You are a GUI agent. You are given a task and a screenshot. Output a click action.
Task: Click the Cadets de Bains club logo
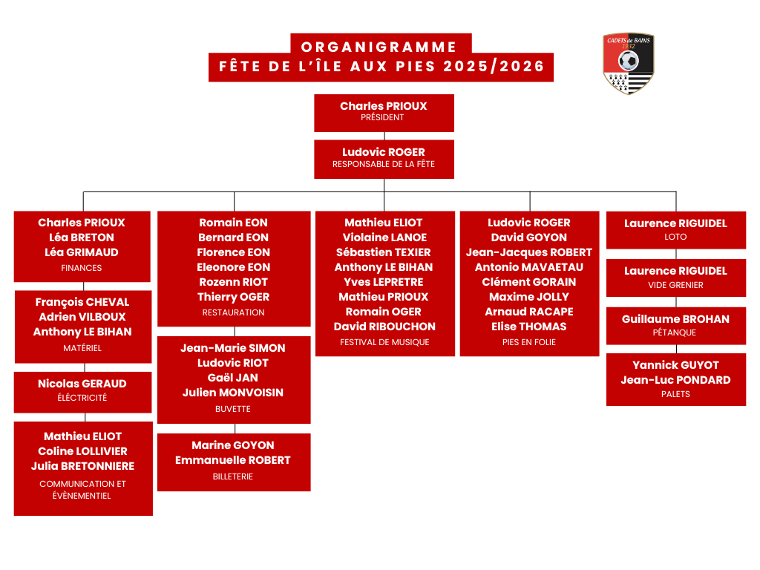(x=629, y=63)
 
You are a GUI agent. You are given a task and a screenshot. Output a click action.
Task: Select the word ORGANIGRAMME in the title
(x=379, y=47)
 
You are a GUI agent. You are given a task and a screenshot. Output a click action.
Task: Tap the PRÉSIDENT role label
(x=382, y=117)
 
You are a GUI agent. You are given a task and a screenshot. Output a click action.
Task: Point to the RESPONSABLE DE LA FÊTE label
(x=384, y=164)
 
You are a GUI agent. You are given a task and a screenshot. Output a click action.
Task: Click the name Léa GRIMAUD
(x=82, y=252)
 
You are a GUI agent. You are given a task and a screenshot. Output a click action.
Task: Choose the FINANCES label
(x=82, y=268)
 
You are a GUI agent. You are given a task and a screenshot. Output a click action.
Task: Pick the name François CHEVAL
(x=82, y=302)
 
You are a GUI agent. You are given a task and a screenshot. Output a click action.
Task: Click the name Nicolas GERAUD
(x=82, y=384)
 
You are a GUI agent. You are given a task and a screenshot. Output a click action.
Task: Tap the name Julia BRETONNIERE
(x=82, y=466)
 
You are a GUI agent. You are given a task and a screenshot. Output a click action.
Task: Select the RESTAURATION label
(x=234, y=312)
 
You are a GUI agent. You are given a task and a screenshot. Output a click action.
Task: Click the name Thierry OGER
(x=234, y=297)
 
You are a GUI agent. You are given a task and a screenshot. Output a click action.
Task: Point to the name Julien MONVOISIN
(x=233, y=393)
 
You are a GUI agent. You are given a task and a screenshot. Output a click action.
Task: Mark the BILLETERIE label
(x=233, y=476)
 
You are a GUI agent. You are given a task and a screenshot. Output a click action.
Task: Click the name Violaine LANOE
(x=384, y=237)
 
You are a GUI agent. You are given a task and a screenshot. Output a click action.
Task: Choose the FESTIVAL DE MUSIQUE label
(x=384, y=342)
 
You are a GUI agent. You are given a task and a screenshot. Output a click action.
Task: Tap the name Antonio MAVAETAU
(x=529, y=267)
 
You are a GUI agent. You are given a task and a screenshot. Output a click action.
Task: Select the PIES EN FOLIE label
(x=529, y=342)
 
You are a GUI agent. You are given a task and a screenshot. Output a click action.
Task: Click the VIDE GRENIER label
(x=675, y=285)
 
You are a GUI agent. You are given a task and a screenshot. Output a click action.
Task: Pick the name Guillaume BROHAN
(x=675, y=319)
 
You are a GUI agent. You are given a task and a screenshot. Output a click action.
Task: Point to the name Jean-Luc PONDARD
(x=675, y=380)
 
